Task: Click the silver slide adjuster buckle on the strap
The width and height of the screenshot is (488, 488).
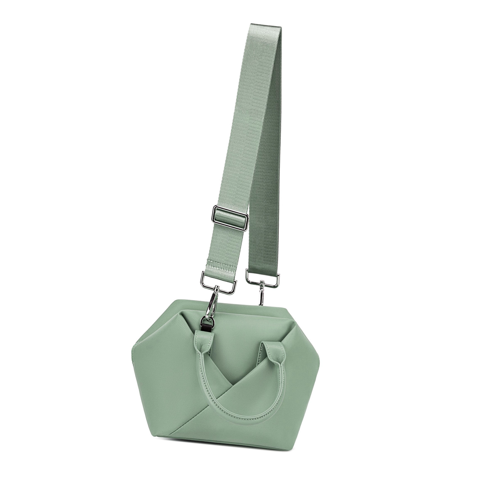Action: (230, 218)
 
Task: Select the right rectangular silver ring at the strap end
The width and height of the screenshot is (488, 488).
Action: (263, 278)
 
